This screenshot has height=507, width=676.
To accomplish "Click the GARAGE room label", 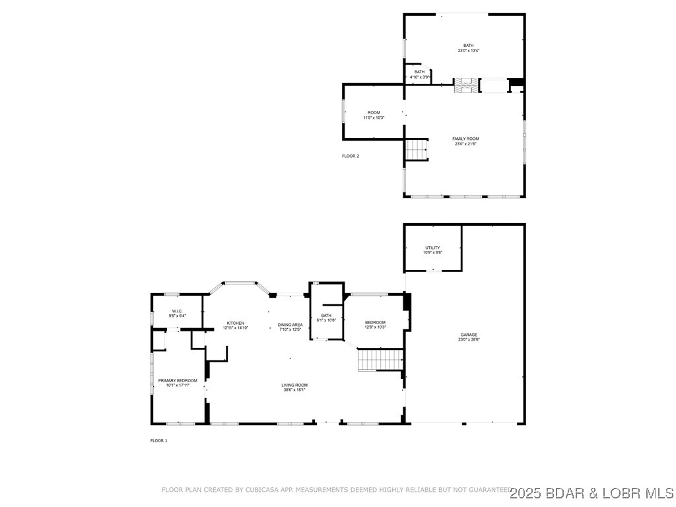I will click(469, 335).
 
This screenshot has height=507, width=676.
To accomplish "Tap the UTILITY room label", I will click(432, 248).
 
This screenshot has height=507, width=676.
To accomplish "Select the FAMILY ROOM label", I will click(465, 139).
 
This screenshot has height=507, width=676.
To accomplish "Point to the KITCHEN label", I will click(236, 323).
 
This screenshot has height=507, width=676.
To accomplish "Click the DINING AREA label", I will click(290, 324).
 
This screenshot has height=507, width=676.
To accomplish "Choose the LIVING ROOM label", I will click(294, 385).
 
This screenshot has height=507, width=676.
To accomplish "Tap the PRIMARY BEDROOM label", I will click(178, 380).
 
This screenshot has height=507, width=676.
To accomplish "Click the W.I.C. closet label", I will click(177, 311).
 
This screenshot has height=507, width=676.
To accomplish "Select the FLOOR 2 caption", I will click(351, 156).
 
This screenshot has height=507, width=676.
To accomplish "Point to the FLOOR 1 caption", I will click(159, 440).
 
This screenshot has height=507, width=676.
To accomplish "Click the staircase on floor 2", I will click(417, 150).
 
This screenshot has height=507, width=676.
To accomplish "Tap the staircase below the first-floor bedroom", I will click(380, 360).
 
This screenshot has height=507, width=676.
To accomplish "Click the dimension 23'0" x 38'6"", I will click(469, 339).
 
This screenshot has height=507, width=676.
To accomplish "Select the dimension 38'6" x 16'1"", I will click(294, 389).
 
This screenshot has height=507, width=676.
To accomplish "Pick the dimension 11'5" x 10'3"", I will click(374, 118).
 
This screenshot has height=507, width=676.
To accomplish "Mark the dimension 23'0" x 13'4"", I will click(468, 50).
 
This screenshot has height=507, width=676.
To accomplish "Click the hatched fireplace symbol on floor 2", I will click(464, 84).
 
